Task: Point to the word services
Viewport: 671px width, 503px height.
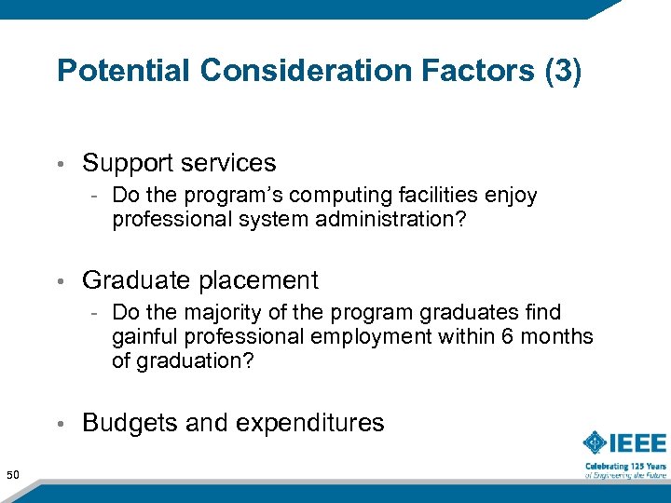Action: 230,163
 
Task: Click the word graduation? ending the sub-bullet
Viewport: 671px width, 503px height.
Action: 193,360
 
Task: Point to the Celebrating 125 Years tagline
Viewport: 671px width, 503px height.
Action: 625,465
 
